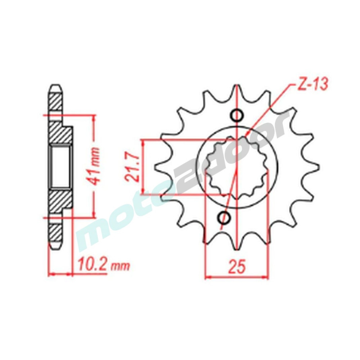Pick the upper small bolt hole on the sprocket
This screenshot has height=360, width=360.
pos(236,116)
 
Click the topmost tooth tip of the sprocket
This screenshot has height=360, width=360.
pos(237,85)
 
